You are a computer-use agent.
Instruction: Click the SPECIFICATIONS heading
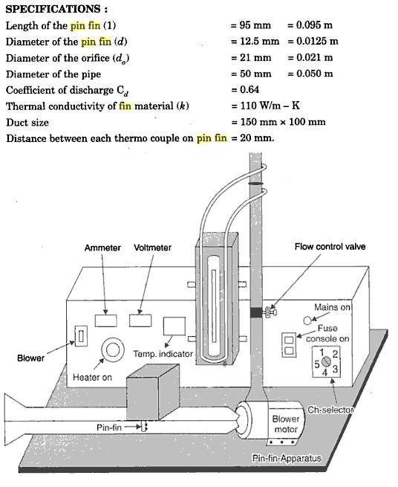56,9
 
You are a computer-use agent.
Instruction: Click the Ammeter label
102,248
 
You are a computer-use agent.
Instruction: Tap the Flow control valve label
329,247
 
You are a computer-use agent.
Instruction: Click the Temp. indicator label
163,354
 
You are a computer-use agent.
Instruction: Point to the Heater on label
92,378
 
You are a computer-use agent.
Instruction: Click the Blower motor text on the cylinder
286,425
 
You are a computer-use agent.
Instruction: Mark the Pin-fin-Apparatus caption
287,458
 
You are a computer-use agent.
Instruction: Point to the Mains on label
332,307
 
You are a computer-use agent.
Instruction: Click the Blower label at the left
30,358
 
